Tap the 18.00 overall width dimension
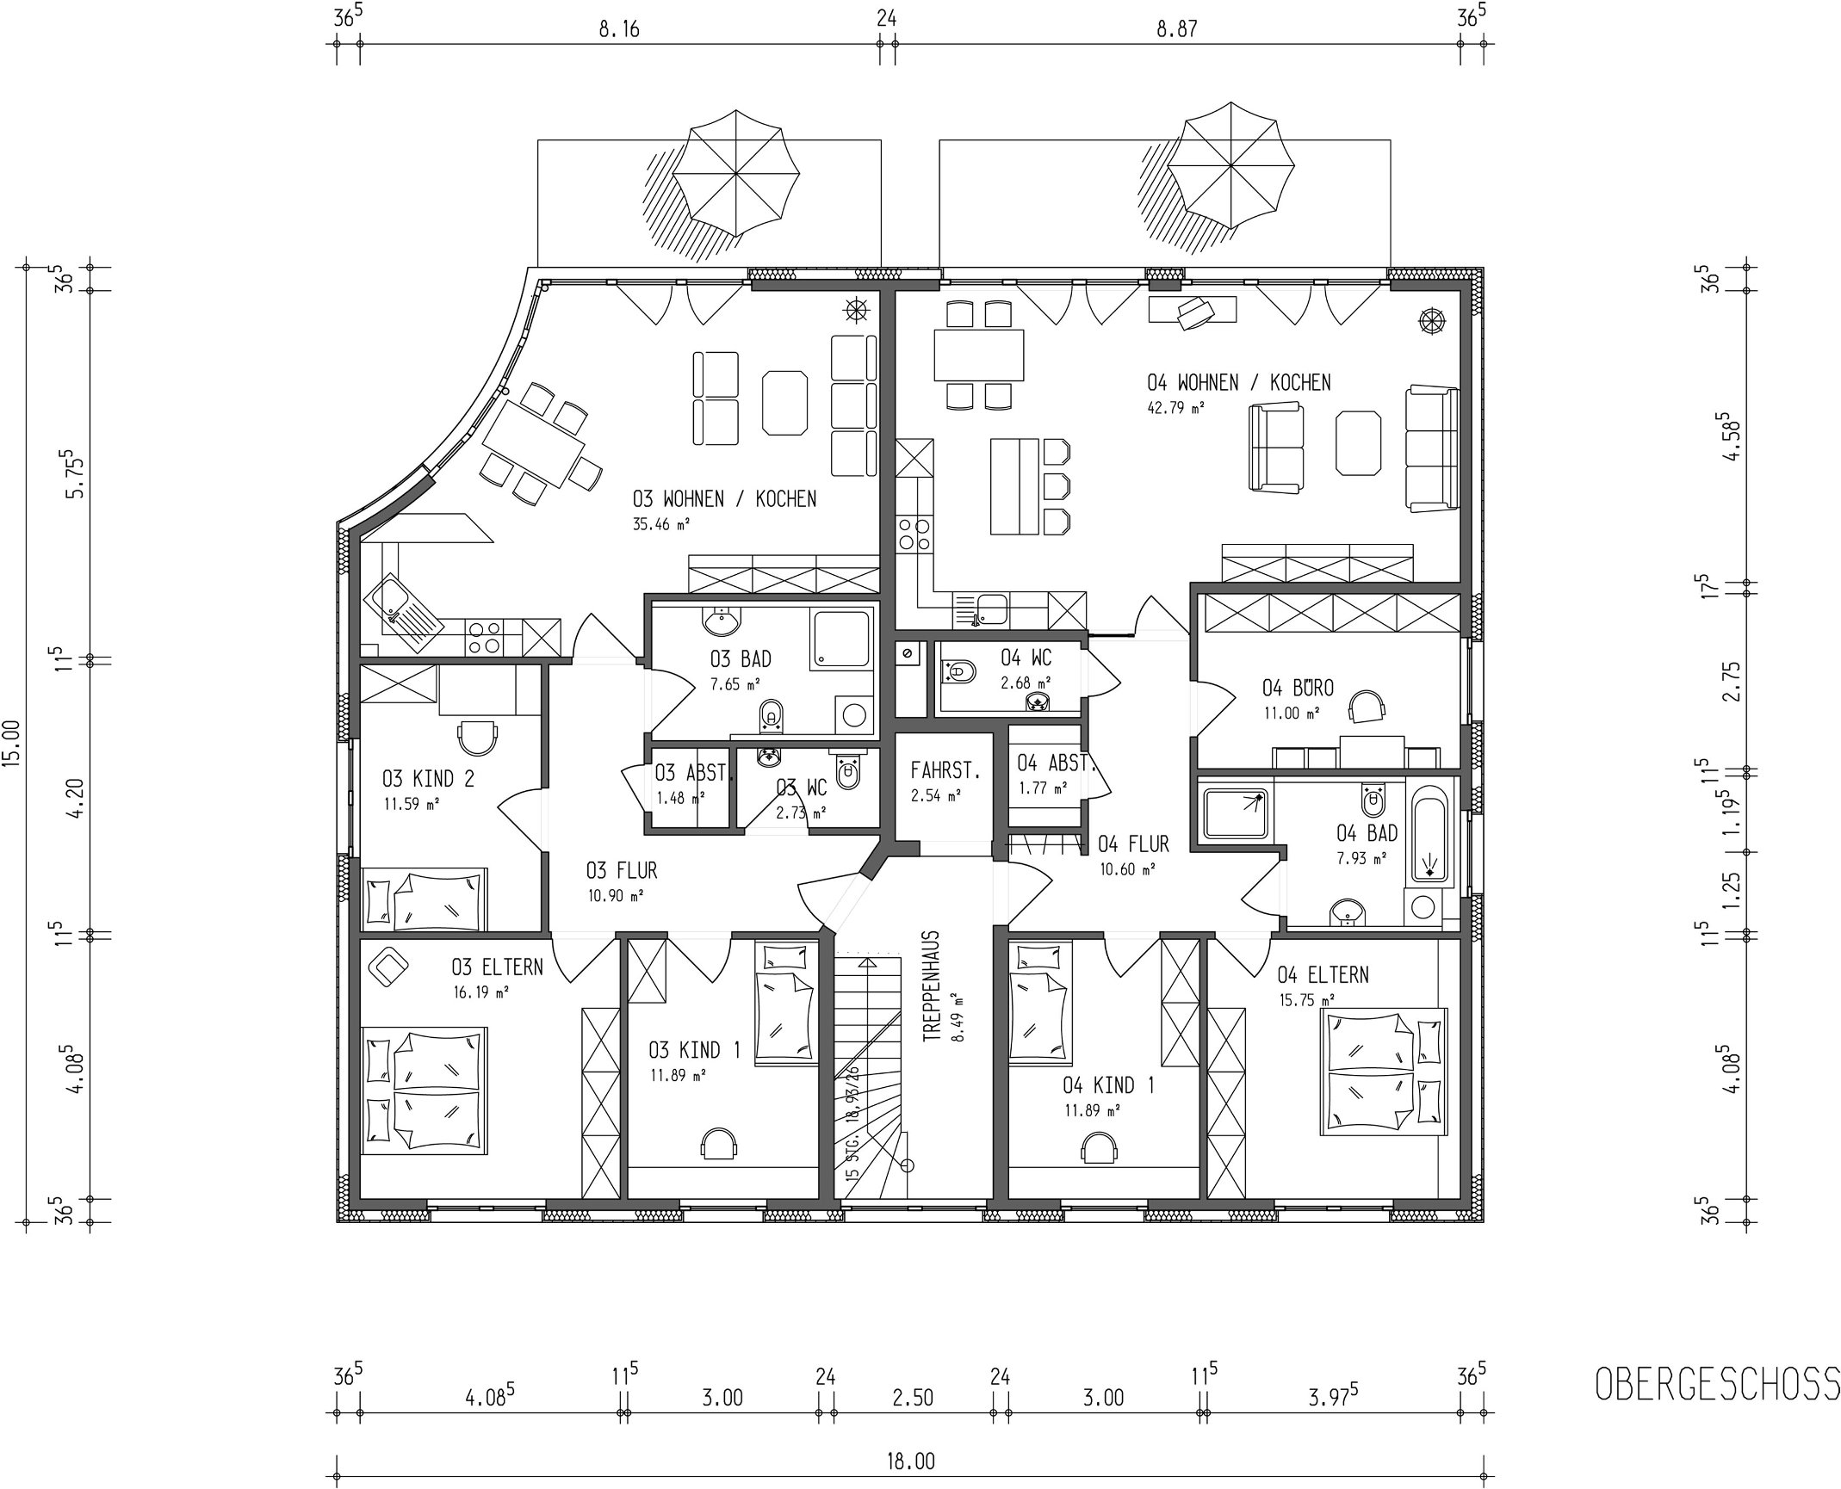(911, 1461)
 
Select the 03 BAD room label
(741, 659)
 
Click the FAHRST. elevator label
(945, 771)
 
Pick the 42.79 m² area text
(1175, 408)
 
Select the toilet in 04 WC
(958, 672)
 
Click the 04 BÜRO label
(1298, 689)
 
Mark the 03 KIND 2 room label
(428, 780)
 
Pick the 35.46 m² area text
(661, 523)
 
